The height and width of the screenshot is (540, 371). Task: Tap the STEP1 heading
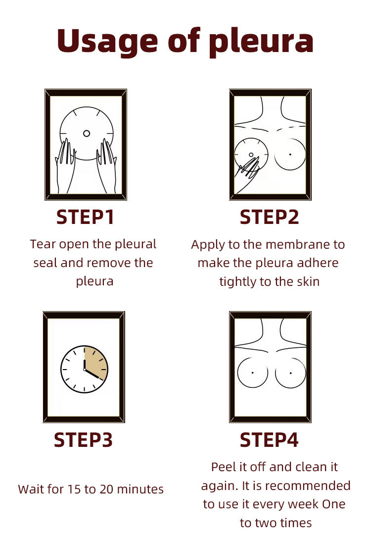(85, 217)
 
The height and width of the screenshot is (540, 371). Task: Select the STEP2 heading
(269, 217)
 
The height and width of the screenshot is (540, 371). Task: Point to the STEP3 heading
(83, 440)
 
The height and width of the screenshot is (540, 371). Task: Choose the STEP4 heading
(269, 440)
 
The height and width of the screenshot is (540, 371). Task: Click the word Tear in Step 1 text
(43, 244)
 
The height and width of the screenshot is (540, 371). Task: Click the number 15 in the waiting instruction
(72, 489)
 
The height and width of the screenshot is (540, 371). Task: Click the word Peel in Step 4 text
(222, 467)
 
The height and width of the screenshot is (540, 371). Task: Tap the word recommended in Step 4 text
(310, 486)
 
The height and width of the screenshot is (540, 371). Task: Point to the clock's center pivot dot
(84, 370)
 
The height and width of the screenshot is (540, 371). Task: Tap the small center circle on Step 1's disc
(87, 133)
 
